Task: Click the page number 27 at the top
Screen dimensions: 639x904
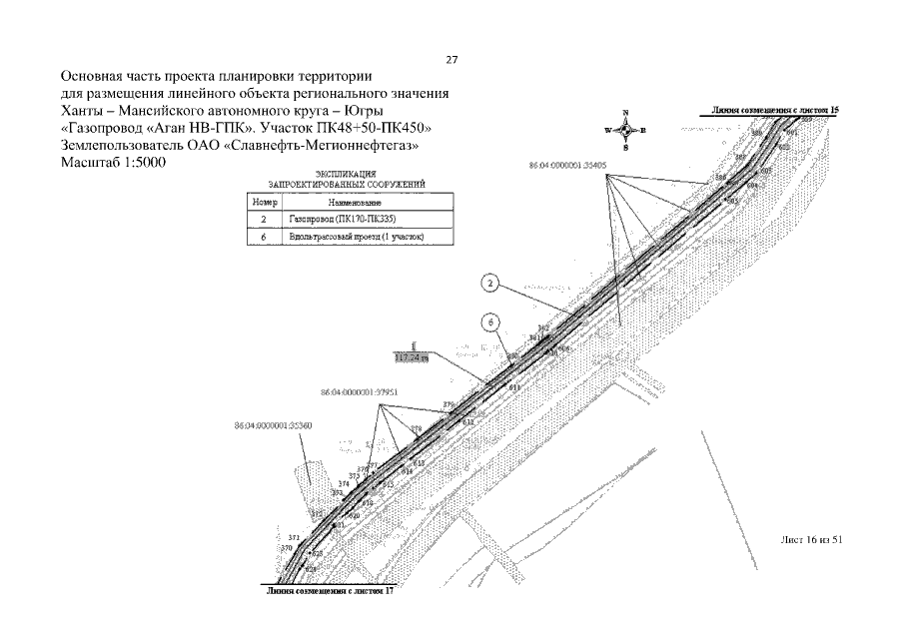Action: coord(452,60)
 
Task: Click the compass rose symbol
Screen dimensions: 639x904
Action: coord(625,130)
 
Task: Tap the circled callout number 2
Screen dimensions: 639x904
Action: coord(490,285)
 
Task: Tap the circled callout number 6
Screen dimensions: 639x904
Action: coord(490,321)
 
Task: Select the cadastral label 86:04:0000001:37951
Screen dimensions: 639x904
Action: coord(361,393)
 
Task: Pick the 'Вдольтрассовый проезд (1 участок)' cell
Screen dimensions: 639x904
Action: coord(356,237)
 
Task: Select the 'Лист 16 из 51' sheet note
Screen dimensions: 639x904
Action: coord(812,538)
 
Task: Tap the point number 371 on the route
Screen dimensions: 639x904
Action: coord(293,537)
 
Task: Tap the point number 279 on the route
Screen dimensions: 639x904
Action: coord(448,404)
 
